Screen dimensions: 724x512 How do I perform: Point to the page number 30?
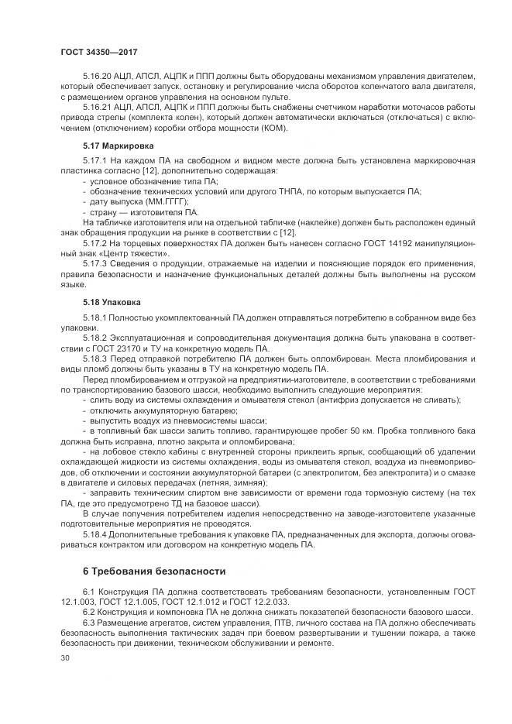pos(64,658)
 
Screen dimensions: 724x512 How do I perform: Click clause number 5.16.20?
pos(96,77)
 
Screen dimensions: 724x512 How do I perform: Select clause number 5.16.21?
pos(96,107)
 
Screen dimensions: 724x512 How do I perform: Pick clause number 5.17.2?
pos(93,242)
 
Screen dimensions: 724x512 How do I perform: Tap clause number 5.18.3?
pos(93,359)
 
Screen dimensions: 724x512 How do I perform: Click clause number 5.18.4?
pos(93,533)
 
